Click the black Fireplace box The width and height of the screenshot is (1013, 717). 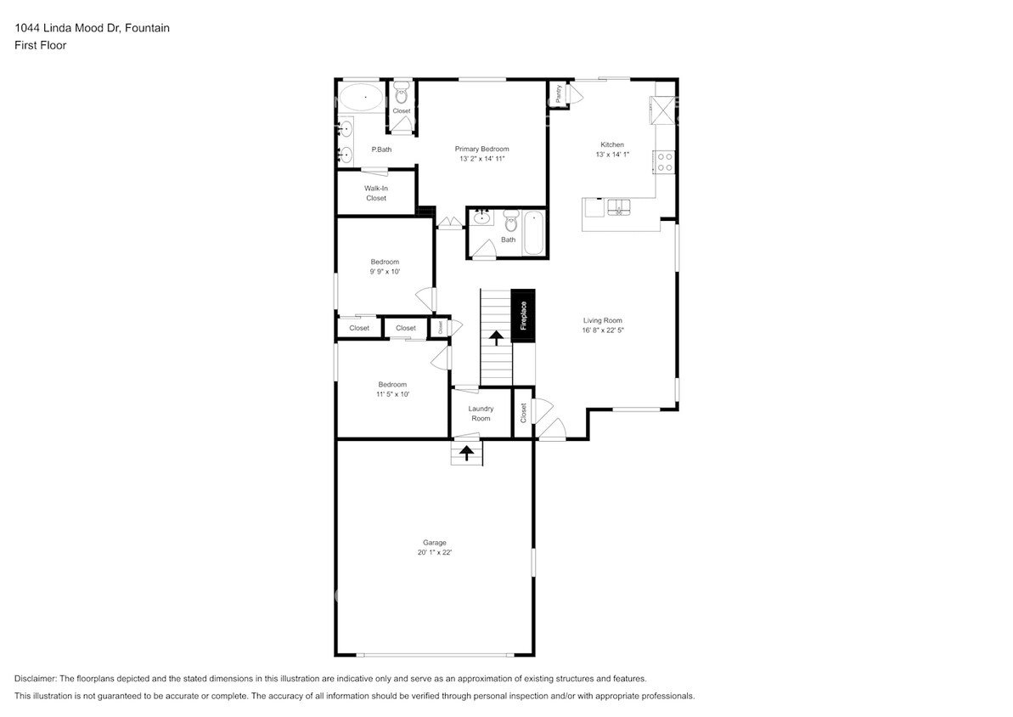point(523,315)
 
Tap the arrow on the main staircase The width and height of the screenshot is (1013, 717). point(495,337)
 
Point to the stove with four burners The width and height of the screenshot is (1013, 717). point(666,161)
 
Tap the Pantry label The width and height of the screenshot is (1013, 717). point(558,94)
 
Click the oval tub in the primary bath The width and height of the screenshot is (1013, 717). point(361,99)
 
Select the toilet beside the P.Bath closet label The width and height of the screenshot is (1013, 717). point(402,94)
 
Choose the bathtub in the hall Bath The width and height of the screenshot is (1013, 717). point(533,231)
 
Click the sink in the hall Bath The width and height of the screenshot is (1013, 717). point(481,217)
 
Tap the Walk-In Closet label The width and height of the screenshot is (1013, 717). point(375,193)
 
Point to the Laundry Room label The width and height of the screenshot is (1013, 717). point(481,414)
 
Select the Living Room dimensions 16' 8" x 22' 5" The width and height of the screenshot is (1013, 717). point(603,330)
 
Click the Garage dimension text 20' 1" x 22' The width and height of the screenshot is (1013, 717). point(434,552)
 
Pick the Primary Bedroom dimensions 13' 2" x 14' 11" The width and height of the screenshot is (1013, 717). point(481,159)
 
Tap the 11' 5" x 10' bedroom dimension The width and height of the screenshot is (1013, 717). point(392,394)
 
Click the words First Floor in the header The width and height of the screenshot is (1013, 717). point(40,45)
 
